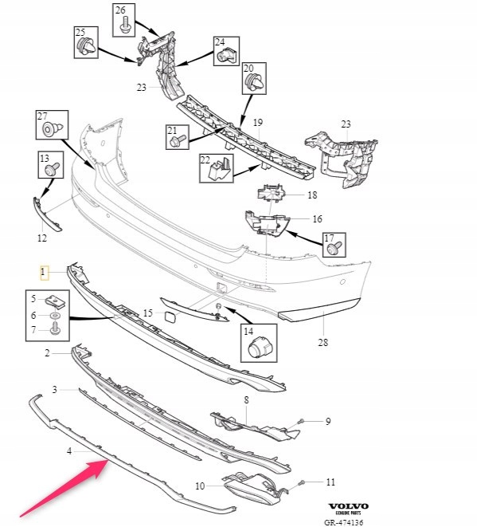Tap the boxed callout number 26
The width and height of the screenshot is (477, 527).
[121, 11]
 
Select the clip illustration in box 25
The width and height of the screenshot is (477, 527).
[84, 49]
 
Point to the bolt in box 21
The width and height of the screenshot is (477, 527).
[177, 141]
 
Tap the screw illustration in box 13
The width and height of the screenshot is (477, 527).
[51, 169]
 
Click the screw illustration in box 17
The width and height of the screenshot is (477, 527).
[334, 249]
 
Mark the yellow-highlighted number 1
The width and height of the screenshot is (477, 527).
[44, 273]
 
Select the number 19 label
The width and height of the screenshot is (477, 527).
[257, 123]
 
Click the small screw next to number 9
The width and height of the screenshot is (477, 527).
[300, 421]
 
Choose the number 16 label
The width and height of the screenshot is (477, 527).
[316, 218]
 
